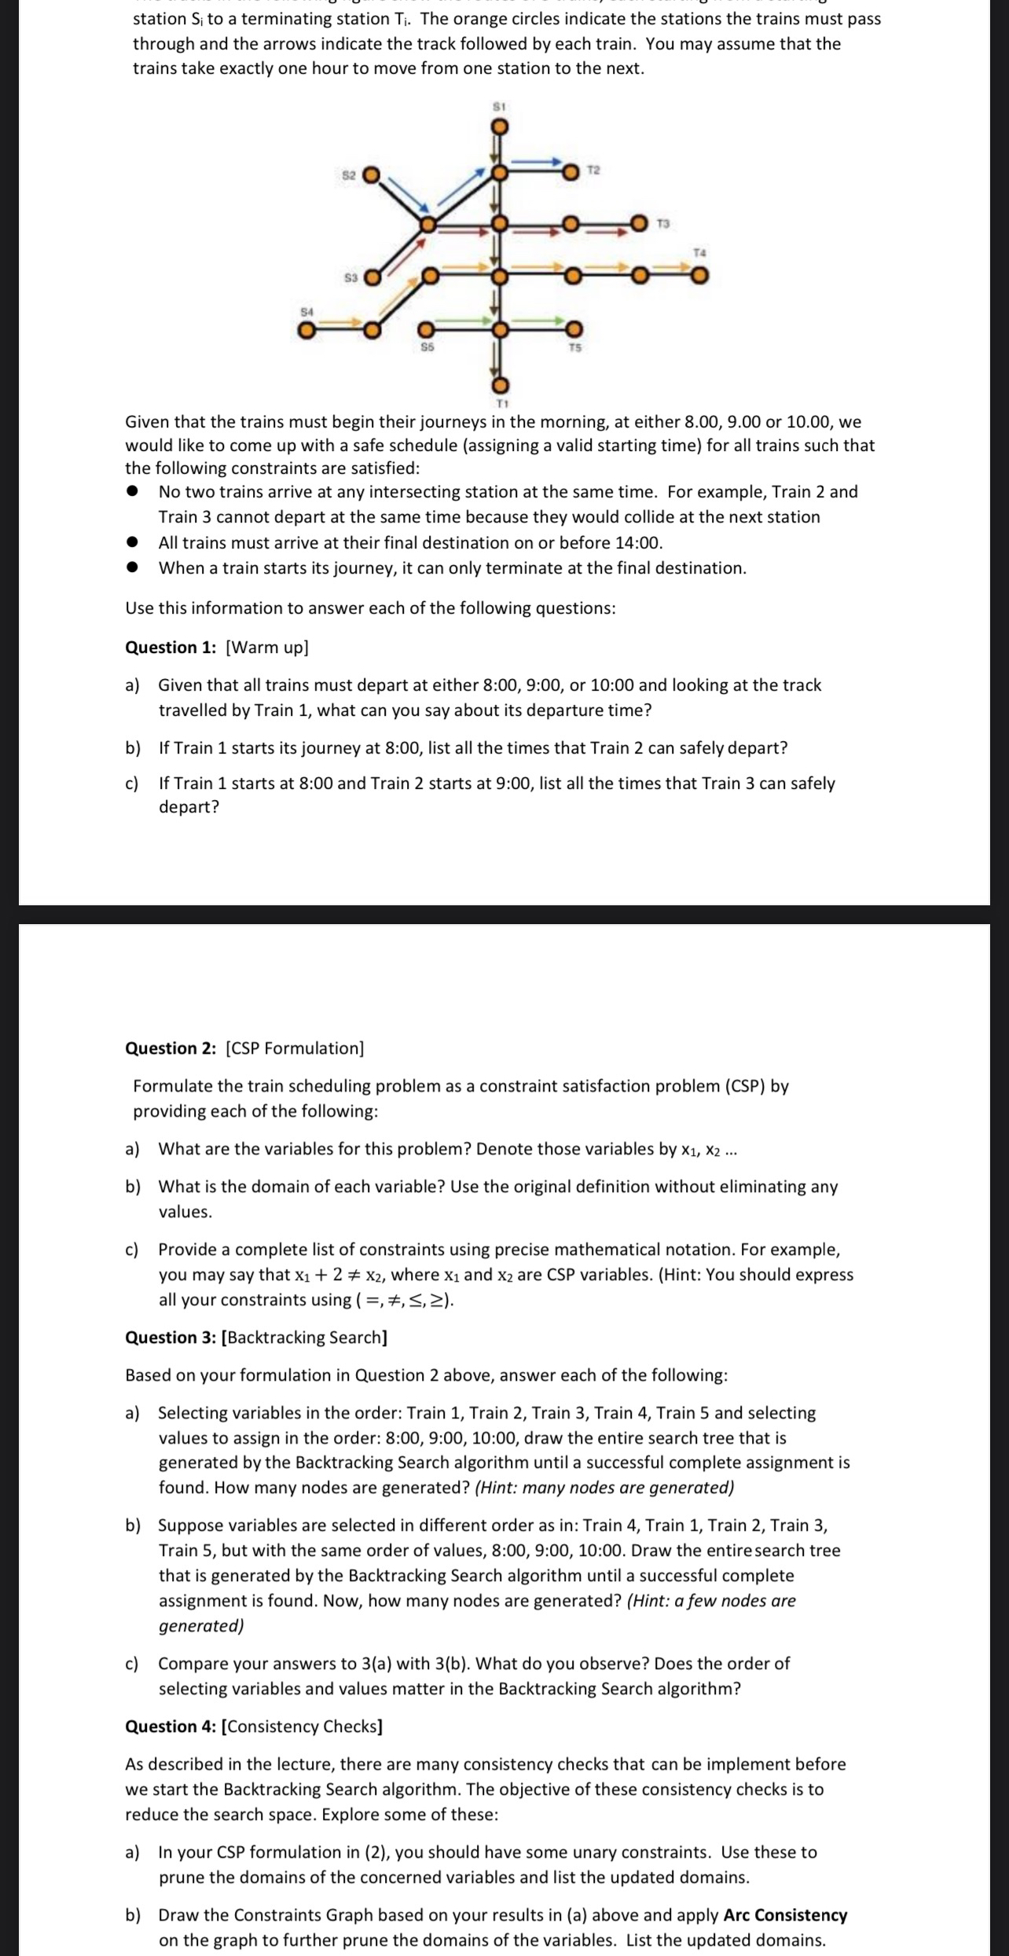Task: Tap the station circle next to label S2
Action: point(371,174)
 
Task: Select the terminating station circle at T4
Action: point(699,276)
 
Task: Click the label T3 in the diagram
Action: point(663,225)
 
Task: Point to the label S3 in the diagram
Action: point(351,277)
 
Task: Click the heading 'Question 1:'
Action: point(171,648)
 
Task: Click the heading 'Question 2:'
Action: point(171,1048)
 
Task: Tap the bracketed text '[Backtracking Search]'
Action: point(305,1338)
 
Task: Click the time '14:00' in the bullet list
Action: point(640,543)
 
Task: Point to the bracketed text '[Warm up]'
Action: point(266,648)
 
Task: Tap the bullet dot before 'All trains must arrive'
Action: point(134,543)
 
